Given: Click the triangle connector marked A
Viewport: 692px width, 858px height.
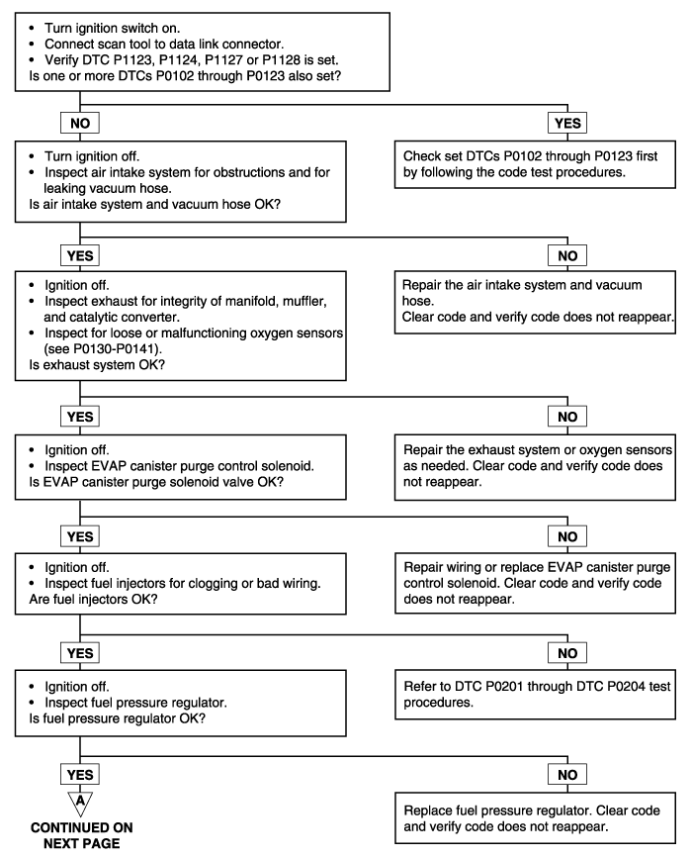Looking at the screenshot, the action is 80,803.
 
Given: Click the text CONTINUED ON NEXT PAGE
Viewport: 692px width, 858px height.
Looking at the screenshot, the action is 81,835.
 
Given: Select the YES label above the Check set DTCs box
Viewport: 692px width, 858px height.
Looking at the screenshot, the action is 567,123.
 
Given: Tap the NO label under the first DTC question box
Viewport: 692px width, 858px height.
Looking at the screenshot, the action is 80,123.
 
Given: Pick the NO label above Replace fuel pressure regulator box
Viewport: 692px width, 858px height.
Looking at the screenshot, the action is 567,775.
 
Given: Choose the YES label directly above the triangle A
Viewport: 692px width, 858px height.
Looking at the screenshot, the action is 80,775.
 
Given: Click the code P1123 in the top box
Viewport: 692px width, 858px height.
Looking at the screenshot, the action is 130,59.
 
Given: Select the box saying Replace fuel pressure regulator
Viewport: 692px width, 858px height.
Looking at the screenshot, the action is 535,818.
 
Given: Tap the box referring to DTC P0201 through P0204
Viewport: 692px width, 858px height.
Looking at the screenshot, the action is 535,695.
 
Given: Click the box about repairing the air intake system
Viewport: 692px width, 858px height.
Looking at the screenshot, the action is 535,302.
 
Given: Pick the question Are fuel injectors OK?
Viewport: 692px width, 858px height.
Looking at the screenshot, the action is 94,599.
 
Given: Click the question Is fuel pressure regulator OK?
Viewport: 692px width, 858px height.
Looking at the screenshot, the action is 118,718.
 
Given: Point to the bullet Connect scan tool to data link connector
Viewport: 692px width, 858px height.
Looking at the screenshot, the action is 164,44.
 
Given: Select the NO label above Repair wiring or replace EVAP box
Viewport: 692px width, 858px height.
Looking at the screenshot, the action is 567,536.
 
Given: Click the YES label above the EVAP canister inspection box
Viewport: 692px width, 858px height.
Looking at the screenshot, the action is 80,417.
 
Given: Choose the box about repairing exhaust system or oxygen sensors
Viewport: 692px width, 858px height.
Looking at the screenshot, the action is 535,467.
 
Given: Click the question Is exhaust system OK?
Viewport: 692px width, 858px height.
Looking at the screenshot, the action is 97,365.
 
